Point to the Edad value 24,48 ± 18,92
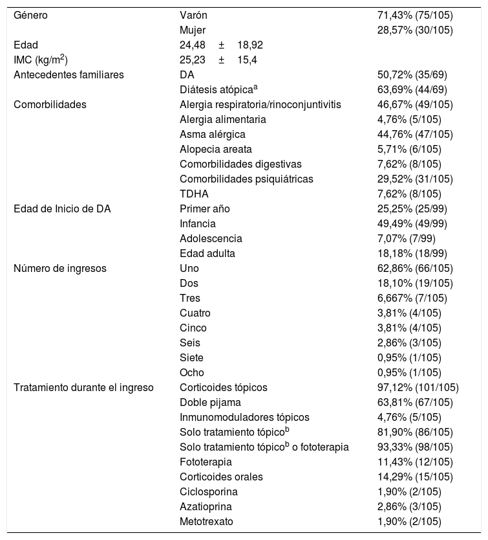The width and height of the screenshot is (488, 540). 220,45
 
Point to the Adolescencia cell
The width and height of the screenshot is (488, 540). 211,238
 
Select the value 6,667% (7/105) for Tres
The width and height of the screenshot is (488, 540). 414,298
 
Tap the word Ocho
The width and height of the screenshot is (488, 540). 191,372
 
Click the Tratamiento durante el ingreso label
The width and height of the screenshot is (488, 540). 83,387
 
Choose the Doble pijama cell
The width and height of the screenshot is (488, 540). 209,402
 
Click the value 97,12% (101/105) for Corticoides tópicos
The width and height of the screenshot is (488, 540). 418,387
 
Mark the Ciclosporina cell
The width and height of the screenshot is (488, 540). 207,491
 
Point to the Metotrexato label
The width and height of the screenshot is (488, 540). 207,521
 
